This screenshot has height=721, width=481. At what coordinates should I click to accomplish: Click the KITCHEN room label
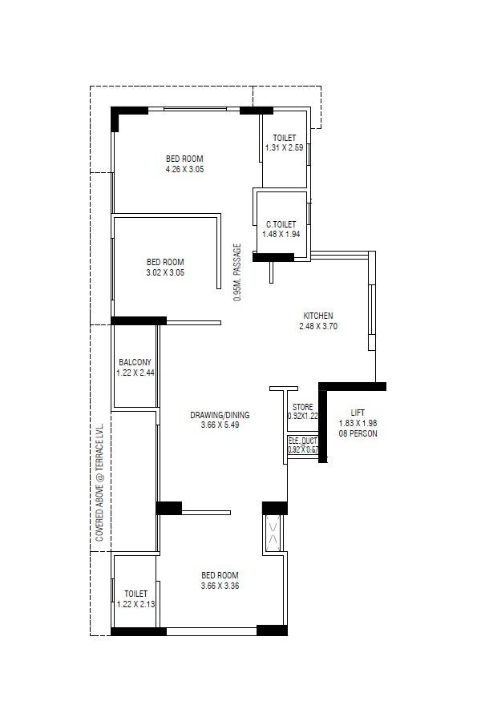tap(317, 316)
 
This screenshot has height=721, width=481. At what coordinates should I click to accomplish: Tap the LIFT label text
tap(357, 412)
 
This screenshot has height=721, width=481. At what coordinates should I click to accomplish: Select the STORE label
tap(303, 407)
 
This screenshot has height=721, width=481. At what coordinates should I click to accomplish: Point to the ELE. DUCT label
tap(303, 441)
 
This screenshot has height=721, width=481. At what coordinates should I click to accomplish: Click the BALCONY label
tap(135, 362)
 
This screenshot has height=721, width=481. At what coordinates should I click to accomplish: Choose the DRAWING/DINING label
tap(220, 415)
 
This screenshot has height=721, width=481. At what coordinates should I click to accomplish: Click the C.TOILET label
tap(281, 224)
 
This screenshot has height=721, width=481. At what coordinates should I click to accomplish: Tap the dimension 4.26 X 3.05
tap(184, 169)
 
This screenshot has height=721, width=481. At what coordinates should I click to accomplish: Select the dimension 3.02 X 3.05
tap(165, 272)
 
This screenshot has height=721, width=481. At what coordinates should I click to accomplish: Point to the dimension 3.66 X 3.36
tap(220, 586)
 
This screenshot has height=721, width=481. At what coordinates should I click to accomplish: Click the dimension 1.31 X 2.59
tap(284, 148)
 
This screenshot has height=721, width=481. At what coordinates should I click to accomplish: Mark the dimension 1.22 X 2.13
tap(134, 603)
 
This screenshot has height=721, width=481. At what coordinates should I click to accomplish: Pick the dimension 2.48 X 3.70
tap(317, 326)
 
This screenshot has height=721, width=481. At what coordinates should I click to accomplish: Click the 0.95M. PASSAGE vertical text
tap(237, 271)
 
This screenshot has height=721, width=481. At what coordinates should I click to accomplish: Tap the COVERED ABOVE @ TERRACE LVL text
tap(99, 483)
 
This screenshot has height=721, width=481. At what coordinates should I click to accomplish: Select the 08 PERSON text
tap(358, 433)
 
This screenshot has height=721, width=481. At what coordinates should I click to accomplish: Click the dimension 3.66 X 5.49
tap(220, 425)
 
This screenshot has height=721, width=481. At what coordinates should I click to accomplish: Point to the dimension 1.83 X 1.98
tap(358, 423)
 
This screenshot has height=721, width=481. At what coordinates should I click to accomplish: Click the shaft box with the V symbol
tap(273, 533)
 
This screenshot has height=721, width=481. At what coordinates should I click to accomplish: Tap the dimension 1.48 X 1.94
tap(281, 235)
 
